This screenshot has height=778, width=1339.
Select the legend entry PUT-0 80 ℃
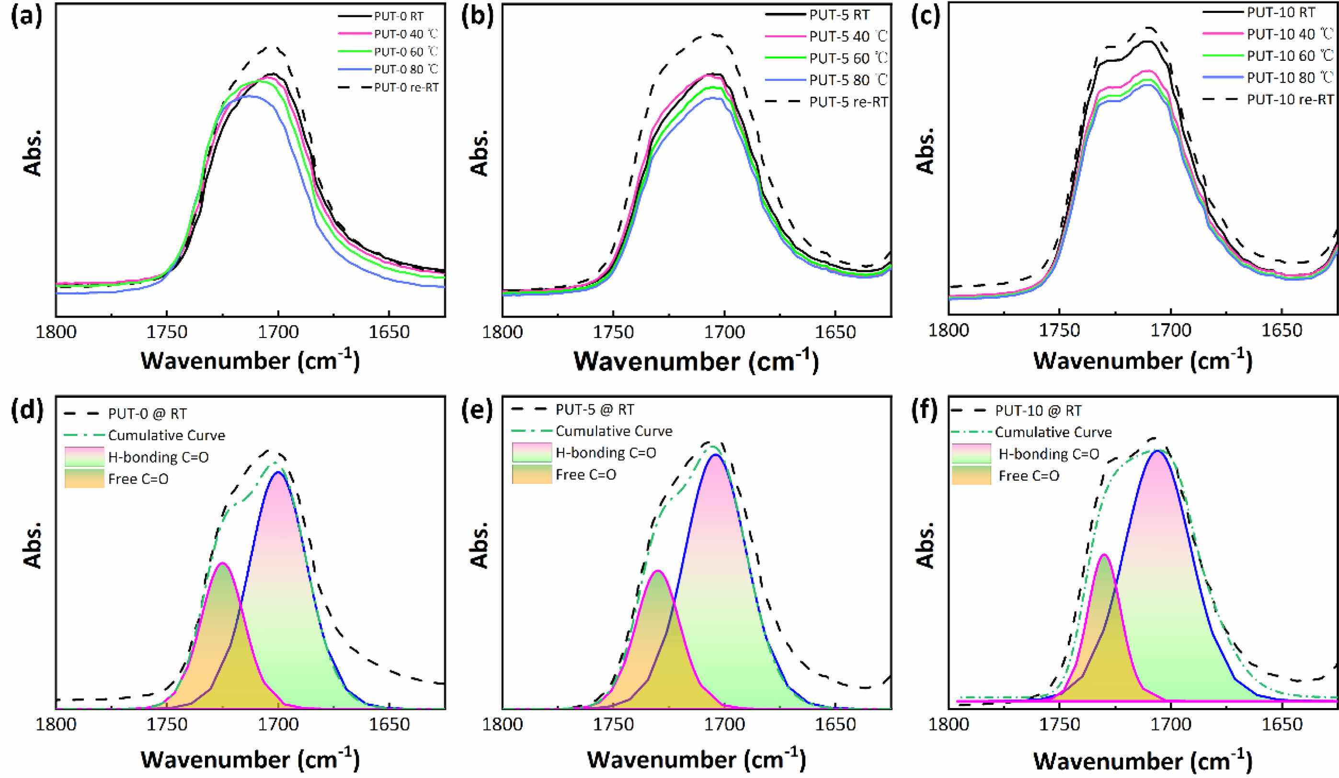(x=406, y=69)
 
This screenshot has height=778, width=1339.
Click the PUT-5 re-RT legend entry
(x=848, y=102)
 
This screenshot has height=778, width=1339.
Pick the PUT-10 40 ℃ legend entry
(x=1290, y=34)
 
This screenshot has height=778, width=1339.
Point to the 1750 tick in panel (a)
(x=167, y=332)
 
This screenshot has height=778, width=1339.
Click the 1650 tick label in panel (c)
(x=1282, y=330)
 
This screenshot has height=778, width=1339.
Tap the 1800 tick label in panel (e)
(x=502, y=724)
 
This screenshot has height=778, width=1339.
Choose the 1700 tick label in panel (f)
(x=1170, y=724)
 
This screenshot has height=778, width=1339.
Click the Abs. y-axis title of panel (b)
(x=480, y=153)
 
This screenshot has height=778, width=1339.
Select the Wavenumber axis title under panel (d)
(x=250, y=760)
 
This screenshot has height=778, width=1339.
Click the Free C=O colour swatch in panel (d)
(x=84, y=478)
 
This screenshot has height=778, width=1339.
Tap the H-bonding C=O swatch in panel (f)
(x=971, y=454)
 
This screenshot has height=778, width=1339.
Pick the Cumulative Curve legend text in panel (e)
(x=614, y=431)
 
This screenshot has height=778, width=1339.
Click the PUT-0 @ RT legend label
(x=147, y=413)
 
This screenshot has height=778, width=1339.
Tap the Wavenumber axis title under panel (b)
(x=696, y=361)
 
